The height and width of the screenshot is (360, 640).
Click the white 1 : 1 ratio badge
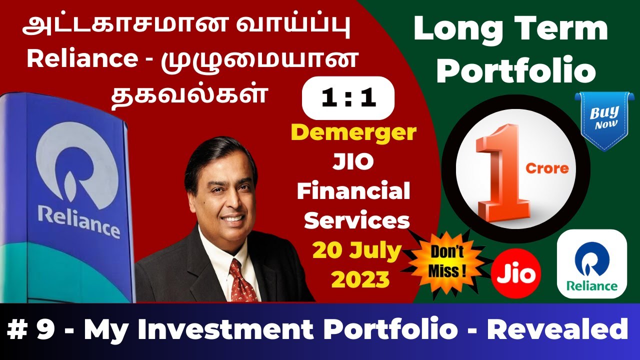[x=348, y=98]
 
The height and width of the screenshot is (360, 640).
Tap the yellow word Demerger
[x=354, y=133]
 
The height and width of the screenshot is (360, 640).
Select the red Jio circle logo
[x=516, y=273]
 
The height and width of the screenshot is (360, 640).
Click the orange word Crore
[x=547, y=168]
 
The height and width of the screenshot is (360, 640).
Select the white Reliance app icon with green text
[x=591, y=264]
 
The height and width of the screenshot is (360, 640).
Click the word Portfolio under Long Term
[x=516, y=71]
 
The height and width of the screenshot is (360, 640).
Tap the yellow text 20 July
[x=356, y=251]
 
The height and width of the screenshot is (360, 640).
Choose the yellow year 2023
[x=360, y=279]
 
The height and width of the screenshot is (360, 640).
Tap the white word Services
[x=356, y=220]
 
